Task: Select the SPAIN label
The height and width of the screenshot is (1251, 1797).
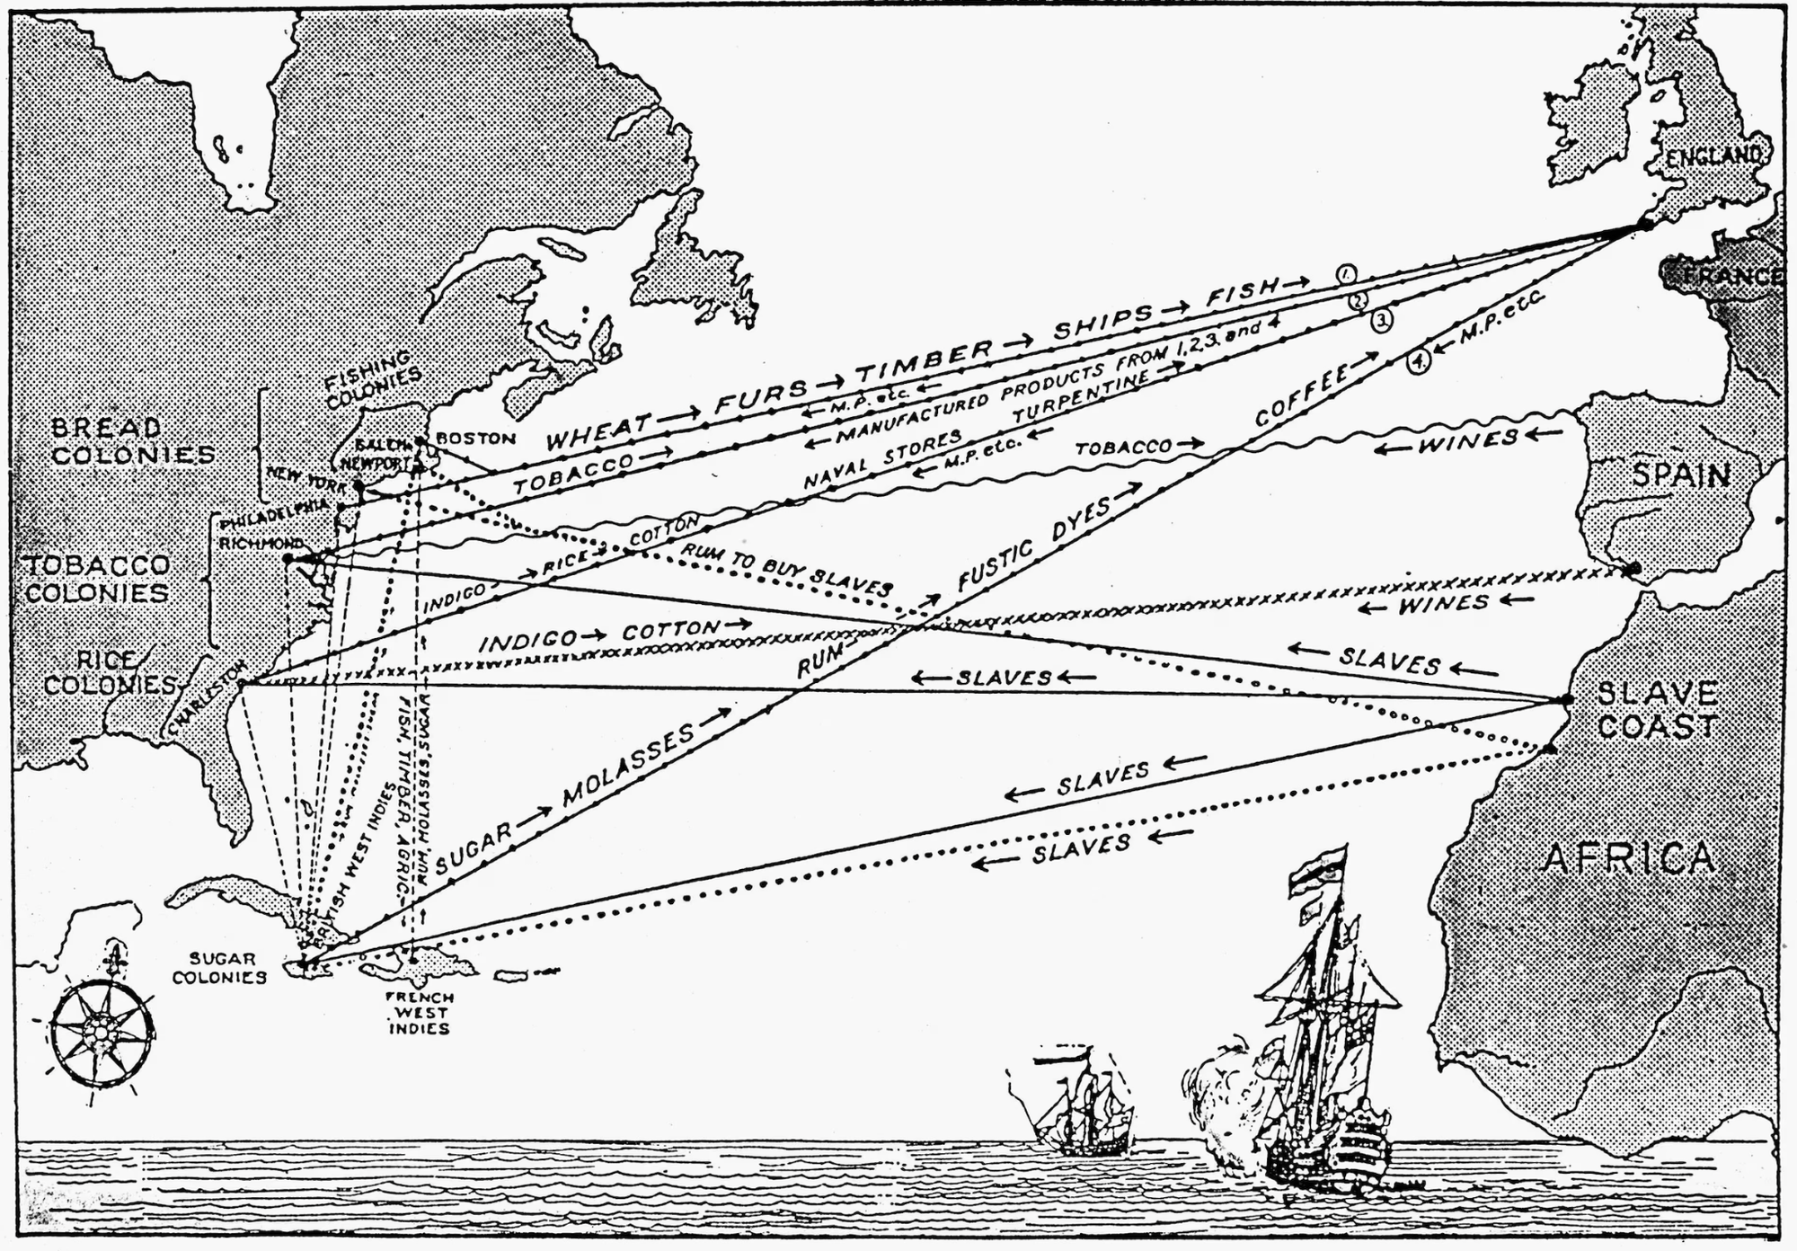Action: (x=1681, y=475)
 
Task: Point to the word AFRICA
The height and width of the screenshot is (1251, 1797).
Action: (x=1628, y=860)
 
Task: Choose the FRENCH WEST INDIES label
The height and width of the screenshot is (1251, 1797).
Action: (x=420, y=1013)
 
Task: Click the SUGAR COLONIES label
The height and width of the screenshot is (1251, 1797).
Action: (x=219, y=968)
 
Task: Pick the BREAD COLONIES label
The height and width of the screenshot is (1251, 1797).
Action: (x=132, y=440)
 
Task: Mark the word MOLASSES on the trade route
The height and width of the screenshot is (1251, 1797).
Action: (x=629, y=764)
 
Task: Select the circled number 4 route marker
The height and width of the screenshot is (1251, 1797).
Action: (x=1418, y=362)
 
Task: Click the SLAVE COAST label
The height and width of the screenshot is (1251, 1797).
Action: (x=1658, y=709)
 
